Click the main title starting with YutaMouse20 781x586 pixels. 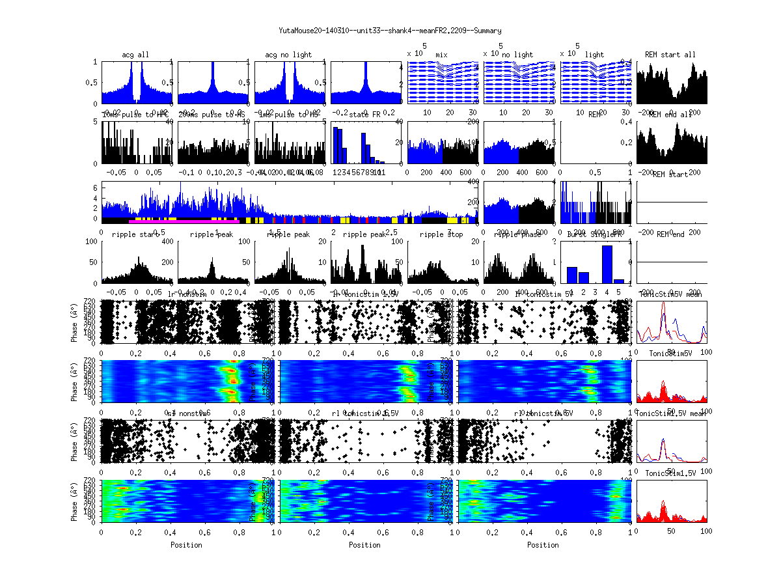coord(390,31)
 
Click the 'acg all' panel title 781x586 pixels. coord(135,55)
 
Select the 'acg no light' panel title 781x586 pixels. coord(288,55)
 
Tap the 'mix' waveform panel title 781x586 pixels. coord(442,55)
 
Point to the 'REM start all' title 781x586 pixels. coord(670,55)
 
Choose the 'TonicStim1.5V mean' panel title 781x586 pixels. coord(672,413)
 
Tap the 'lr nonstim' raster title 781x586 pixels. coord(188,294)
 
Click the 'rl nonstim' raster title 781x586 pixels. coord(188,413)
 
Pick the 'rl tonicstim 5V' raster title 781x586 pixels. coord(543,413)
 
